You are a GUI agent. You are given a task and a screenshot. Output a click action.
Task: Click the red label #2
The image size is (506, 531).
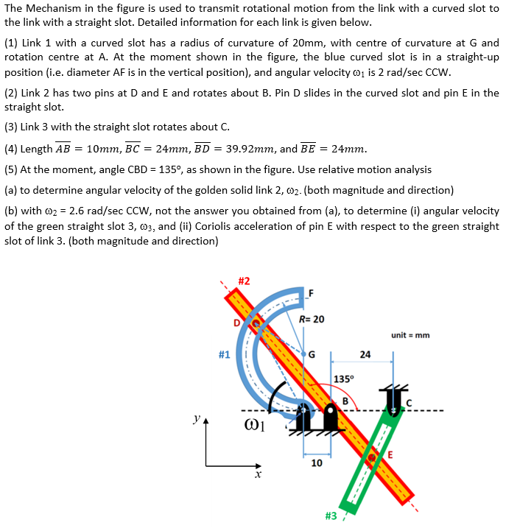pyautogui.click(x=244, y=281)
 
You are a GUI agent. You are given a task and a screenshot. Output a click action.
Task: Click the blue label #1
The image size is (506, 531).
pyautogui.click(x=225, y=355)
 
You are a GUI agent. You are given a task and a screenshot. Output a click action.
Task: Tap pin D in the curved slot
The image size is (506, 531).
pyautogui.click(x=255, y=322)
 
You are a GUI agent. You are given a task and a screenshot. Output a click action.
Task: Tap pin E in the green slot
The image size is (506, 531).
pyautogui.click(x=373, y=457)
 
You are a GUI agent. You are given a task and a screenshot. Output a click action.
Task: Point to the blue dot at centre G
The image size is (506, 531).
pyautogui.click(x=302, y=351)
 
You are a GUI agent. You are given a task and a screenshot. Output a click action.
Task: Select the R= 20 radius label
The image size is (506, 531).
pyautogui.click(x=312, y=319)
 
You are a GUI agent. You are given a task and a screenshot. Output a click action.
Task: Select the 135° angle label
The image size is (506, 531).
pyautogui.click(x=344, y=379)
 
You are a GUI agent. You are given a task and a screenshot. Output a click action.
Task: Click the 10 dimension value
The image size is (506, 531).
pyautogui.click(x=316, y=463)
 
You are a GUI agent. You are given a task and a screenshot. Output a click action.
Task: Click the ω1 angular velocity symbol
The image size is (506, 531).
pyautogui.click(x=254, y=426)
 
